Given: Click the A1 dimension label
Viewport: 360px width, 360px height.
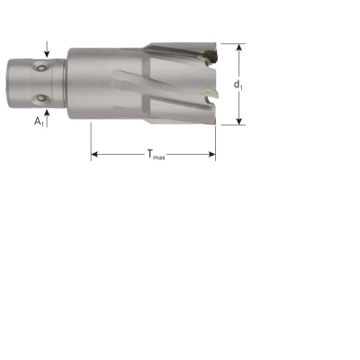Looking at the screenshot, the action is [x=39, y=121].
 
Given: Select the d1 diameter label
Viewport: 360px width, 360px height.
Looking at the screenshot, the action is [x=238, y=85].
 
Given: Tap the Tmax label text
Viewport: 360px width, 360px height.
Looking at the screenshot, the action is [x=156, y=155].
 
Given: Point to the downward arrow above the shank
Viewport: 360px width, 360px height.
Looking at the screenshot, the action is [x=47, y=49].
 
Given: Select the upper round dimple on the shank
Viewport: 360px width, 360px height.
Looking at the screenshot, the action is [x=40, y=68].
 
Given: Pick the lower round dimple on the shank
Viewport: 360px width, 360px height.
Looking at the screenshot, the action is [x=40, y=98].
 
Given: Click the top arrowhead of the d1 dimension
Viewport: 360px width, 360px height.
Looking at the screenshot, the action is [x=238, y=48].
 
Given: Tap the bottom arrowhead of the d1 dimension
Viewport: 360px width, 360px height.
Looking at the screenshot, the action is [x=238, y=121].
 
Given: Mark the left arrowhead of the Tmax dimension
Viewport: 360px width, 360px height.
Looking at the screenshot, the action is [x=94, y=155].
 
